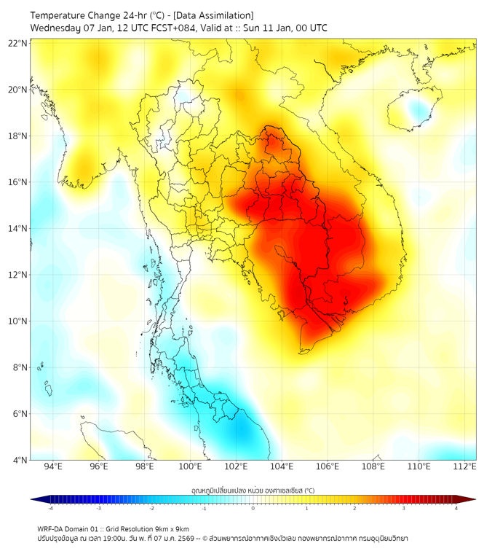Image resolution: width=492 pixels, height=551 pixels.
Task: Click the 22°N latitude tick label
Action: tap(18, 43)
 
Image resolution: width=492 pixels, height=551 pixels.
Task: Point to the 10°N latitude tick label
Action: tap(18, 321)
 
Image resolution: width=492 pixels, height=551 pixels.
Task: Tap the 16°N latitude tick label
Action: tap(18, 182)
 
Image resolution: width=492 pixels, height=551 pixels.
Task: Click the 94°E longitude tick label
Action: tap(53, 467)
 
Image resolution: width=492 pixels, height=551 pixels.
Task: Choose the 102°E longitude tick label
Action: tap(236, 467)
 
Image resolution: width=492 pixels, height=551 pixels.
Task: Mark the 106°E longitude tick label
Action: tap(328, 467)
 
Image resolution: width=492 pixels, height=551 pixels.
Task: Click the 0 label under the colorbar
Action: tap(253, 509)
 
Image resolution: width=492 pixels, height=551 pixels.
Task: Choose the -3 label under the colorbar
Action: tap(98, 509)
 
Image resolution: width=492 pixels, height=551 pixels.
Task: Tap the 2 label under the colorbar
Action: tap(354, 509)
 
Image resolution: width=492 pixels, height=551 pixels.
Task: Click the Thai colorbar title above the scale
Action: tap(253, 491)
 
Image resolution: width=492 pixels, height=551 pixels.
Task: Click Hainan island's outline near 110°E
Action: tap(412, 111)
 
